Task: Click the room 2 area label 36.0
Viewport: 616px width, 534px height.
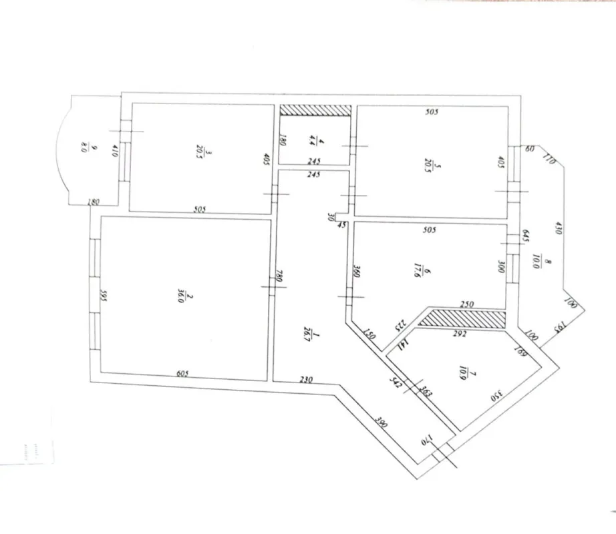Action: coord(179,295)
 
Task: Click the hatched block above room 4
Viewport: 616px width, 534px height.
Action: coord(315,111)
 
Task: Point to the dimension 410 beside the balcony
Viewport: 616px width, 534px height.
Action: coord(115,150)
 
